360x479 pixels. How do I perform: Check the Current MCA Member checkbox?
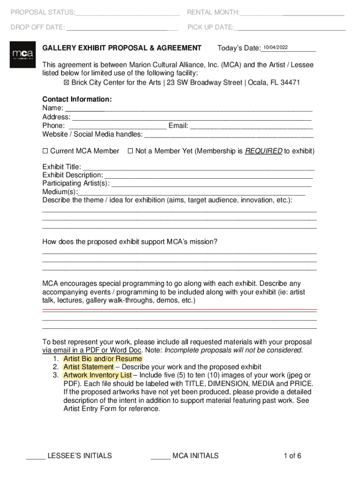45,151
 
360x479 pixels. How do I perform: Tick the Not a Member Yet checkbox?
130,151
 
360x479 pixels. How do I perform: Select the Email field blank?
252,126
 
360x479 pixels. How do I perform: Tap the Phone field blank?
117,126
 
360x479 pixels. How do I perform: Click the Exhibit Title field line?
198,167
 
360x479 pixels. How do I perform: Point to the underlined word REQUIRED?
263,151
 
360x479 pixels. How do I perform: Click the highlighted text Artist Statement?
88,367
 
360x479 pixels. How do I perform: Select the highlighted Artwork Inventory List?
97,376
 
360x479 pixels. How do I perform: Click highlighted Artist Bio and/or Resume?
102,359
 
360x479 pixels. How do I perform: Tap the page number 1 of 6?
292,456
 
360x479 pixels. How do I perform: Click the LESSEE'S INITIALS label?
79,456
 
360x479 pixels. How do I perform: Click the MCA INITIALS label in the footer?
195,456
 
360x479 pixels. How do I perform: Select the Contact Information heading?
77,100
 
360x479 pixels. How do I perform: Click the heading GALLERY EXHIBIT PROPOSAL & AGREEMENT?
122,48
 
